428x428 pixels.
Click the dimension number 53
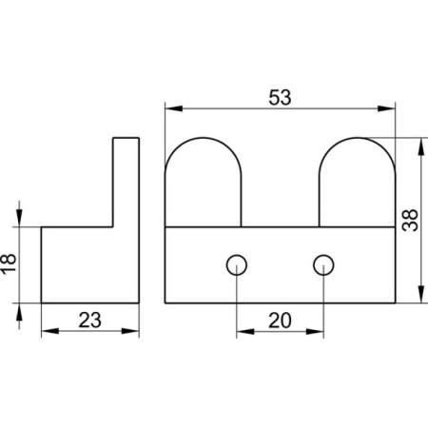pos(280,97)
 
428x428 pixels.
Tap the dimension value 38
pos(410,220)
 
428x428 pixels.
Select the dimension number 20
pos(280,321)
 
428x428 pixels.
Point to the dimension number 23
pos(90,320)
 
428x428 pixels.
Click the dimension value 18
pos(9,263)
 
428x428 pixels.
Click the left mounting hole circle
pos(237,265)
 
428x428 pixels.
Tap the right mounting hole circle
pos(323,265)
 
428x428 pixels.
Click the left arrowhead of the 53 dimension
pos(174,108)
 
